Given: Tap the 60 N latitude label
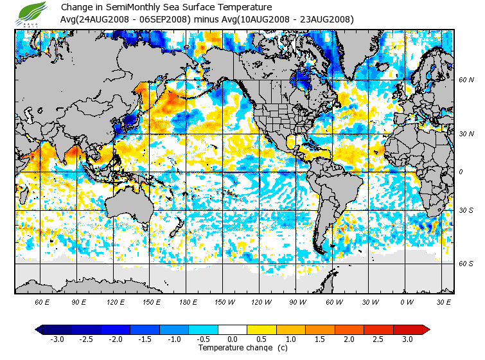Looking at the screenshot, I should click(466, 80).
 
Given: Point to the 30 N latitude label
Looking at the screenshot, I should click(466, 134).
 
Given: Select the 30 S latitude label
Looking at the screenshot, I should click(466, 211).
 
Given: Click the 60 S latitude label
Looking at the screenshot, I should click(466, 264).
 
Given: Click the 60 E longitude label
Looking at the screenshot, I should click(42, 301).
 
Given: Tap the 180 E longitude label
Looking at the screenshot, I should click(188, 301).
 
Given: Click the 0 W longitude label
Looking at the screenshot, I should click(407, 301).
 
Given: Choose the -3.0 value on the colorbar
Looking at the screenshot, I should click(57, 339).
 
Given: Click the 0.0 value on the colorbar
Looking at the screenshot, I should click(232, 339).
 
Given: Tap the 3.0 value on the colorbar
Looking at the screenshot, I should click(407, 339).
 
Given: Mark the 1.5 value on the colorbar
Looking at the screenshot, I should click(320, 339).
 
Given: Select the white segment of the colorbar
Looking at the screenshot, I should click(232, 329).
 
